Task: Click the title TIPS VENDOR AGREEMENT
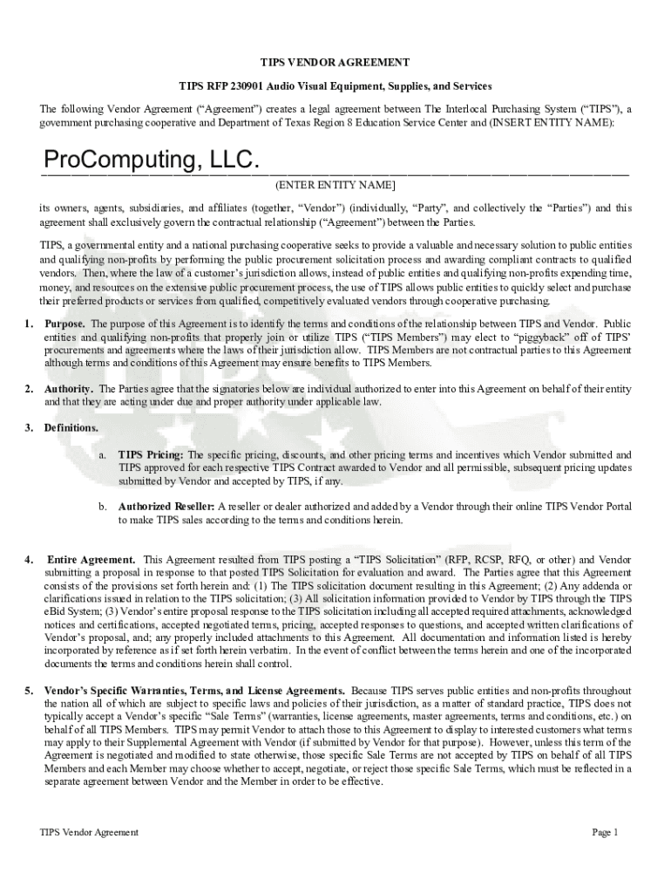(x=335, y=63)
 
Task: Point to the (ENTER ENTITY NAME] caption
(x=335, y=186)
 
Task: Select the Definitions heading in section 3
(x=71, y=428)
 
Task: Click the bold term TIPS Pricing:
(x=151, y=455)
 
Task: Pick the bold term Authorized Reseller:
(x=166, y=507)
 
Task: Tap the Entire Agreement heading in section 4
(x=91, y=559)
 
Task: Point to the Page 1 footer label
(x=605, y=832)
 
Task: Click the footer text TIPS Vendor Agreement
(x=89, y=832)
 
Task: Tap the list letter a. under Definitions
(x=102, y=455)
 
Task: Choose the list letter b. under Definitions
(x=102, y=507)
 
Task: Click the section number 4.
(x=29, y=559)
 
